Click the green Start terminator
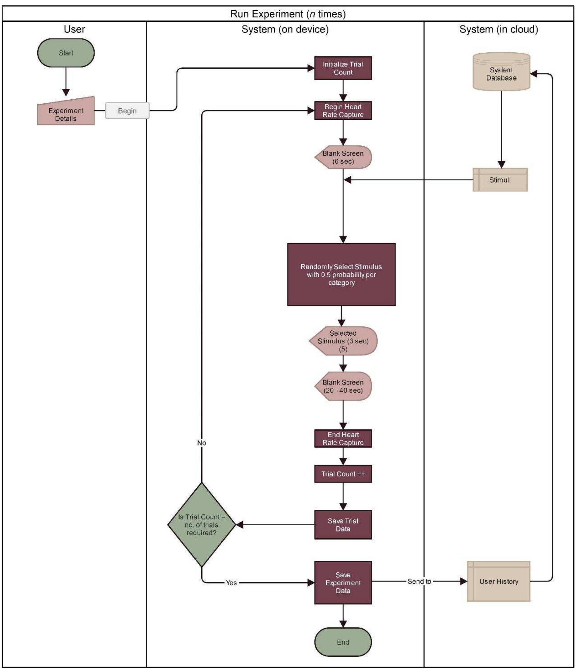(66, 53)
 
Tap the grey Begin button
(127, 111)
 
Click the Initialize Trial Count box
(343, 68)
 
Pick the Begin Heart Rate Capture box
(343, 111)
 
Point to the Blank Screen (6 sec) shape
(343, 157)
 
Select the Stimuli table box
(500, 180)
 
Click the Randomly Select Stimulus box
(341, 274)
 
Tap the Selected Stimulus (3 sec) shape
(343, 341)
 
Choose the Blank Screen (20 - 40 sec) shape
(343, 386)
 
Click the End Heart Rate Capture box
(343, 438)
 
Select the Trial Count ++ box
(343, 474)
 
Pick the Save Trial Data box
(343, 525)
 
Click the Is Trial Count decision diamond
(202, 525)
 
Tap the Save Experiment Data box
(343, 582)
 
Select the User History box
(498, 581)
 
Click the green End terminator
(343, 642)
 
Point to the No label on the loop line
(202, 443)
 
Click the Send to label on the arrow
(419, 581)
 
